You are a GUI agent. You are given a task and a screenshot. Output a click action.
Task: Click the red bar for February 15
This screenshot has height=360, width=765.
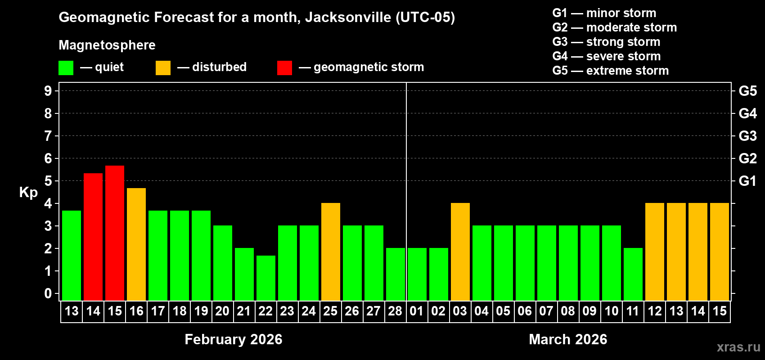115,233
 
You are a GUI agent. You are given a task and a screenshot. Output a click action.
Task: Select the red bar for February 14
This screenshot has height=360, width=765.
93,237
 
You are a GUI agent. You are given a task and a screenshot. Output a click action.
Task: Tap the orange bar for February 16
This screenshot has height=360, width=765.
136,244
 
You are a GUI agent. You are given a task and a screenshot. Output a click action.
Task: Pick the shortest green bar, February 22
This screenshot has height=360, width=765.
266,278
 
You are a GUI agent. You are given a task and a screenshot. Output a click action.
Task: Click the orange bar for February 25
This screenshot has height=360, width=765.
331,252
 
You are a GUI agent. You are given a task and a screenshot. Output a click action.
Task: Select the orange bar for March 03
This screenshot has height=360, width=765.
460,252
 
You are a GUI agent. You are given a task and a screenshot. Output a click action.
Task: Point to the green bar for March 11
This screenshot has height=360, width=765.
633,274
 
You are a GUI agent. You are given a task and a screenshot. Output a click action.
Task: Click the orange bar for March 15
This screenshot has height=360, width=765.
720,252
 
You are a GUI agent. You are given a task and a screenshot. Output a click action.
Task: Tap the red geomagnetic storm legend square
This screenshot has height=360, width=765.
284,68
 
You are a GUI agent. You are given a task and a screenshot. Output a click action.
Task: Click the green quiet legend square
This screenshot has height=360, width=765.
66,68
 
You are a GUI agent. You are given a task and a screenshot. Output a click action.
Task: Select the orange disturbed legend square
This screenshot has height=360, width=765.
163,68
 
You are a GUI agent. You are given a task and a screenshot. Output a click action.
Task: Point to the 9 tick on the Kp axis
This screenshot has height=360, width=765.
48,91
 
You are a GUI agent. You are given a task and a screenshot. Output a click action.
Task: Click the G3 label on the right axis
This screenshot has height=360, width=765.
747,136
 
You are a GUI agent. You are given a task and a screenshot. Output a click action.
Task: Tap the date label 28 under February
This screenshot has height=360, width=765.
395,311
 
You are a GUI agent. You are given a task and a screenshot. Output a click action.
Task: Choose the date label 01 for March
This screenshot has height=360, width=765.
417,311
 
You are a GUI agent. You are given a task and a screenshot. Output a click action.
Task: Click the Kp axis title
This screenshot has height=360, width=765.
28,192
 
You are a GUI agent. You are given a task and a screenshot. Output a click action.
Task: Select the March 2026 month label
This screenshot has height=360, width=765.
568,339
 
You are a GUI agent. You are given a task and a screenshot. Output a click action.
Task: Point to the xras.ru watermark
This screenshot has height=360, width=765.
738,347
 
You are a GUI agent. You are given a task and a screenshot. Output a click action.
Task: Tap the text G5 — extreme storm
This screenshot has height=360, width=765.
610,71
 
